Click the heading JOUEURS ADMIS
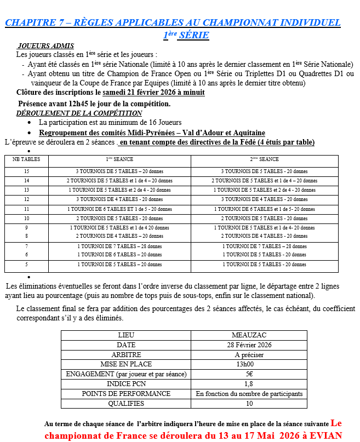(x=45, y=46)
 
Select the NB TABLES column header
(x=26, y=159)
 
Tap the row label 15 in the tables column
(x=26, y=171)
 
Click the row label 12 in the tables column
(x=26, y=199)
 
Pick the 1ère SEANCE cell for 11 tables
(x=119, y=209)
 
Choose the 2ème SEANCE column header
(x=264, y=159)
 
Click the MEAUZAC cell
(x=249, y=335)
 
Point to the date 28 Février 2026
(x=249, y=345)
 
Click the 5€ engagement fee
(x=249, y=374)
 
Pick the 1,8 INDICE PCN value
(x=249, y=384)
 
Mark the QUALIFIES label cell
(x=126, y=403)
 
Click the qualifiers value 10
(x=249, y=403)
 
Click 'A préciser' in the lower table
(x=249, y=355)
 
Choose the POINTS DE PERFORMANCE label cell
(x=126, y=393)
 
